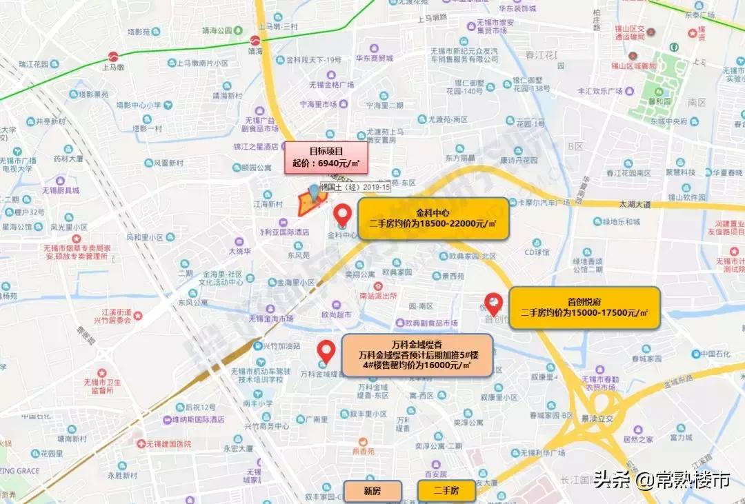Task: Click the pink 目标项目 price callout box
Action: [326, 157]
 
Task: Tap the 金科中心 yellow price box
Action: [433, 218]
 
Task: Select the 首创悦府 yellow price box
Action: [584, 307]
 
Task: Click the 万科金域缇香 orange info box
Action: [416, 355]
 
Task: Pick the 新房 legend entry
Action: [372, 491]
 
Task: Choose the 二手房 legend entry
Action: [446, 491]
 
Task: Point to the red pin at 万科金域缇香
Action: [327, 350]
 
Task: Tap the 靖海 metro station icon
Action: [255, 41]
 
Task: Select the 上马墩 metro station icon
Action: [113, 57]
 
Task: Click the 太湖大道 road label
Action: [635, 204]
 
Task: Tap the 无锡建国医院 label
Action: [168, 444]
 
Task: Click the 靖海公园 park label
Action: [212, 31]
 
